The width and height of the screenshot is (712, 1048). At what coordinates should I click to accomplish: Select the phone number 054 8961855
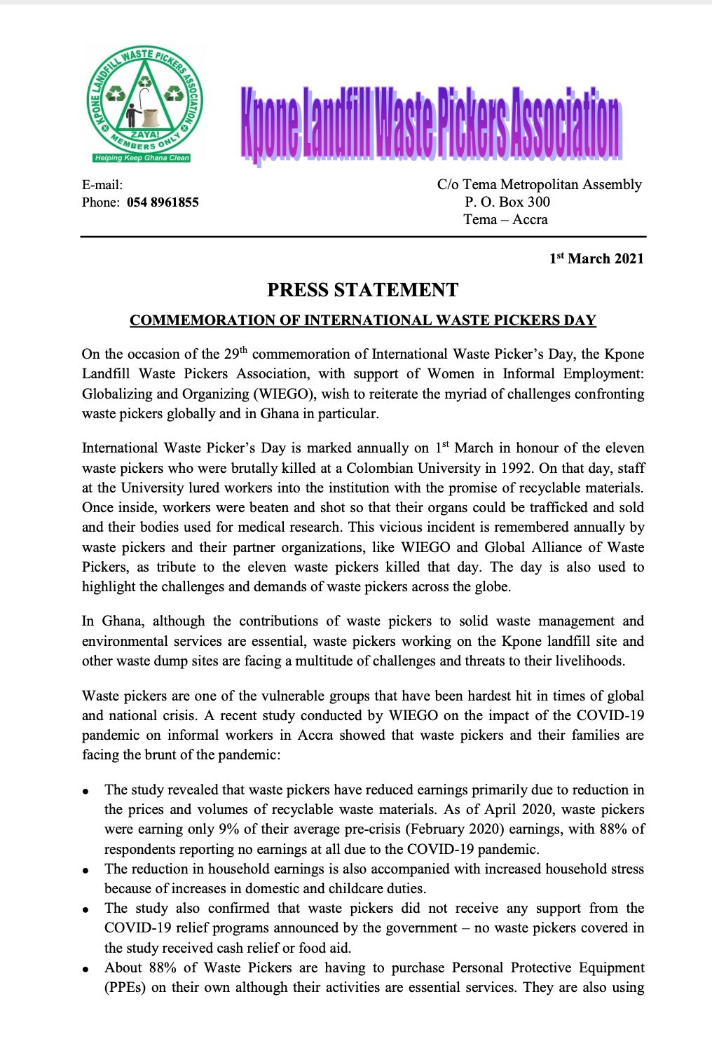pos(163,202)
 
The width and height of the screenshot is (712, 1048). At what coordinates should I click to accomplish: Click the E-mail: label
pos(102,185)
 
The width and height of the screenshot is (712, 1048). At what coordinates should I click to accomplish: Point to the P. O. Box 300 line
pos(507,202)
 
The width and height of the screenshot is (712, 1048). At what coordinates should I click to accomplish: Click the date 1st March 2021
pos(596,258)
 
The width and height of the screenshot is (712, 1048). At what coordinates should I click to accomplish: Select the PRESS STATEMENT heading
pos(362,290)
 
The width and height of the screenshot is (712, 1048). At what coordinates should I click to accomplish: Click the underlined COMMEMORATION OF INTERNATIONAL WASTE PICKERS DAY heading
pos(362,321)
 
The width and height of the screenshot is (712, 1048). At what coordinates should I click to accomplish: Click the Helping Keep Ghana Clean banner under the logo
pos(142,158)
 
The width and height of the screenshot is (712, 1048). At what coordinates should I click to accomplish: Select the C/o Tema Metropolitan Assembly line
pos(539,185)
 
